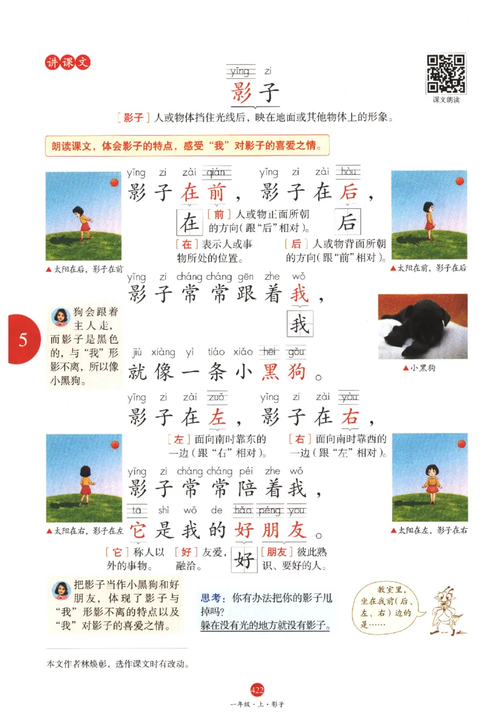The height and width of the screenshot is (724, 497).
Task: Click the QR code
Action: tap(445, 73)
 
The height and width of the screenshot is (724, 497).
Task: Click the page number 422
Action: tap(257, 689)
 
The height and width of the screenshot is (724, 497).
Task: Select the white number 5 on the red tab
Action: tap(23, 340)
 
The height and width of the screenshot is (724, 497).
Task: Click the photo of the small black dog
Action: tap(422, 326)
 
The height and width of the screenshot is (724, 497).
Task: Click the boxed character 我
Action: tap(300, 325)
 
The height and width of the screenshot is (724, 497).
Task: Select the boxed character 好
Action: tap(245, 562)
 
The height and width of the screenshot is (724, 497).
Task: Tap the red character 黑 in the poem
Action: tap(271, 371)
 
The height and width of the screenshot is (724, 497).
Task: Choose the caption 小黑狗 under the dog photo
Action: tap(422, 368)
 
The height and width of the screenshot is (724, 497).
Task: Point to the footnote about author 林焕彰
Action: tap(118, 664)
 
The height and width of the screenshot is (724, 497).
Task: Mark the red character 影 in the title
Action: tap(241, 93)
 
